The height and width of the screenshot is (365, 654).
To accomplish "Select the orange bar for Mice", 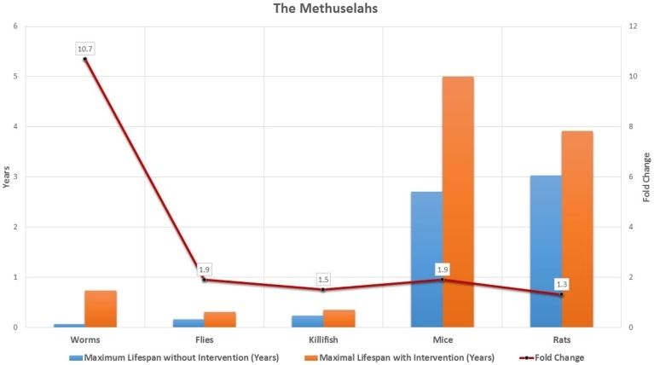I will click(458, 201).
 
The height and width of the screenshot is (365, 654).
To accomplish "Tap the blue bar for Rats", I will click(546, 251).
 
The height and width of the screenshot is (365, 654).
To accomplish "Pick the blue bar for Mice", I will click(426, 259).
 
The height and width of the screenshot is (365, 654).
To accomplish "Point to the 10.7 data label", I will click(84, 49).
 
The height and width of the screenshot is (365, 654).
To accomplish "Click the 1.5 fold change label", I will click(323, 280).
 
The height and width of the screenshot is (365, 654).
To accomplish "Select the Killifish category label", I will click(323, 339).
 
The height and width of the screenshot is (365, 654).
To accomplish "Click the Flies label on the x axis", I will click(204, 339).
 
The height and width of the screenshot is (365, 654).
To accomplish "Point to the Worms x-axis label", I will click(84, 339).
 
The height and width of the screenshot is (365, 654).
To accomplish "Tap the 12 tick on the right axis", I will click(631, 26).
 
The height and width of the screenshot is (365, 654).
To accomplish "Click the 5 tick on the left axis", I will click(13, 77).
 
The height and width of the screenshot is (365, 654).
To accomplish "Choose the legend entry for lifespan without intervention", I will click(176, 357).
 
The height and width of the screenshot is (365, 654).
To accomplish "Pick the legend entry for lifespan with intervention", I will click(384, 357).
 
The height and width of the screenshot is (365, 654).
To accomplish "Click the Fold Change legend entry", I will click(554, 357).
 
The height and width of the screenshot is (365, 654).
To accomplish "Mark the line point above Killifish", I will click(323, 290).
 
